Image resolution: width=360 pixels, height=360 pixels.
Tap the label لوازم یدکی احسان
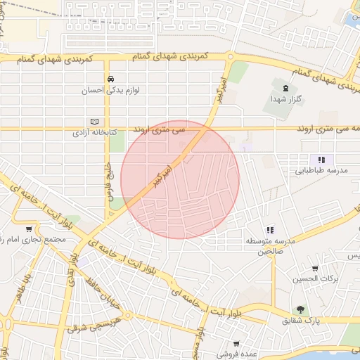click(110, 90)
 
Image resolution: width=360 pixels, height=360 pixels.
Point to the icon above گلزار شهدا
click(285, 89)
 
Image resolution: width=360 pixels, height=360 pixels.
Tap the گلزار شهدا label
click(285, 100)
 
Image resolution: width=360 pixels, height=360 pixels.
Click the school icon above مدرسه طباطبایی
click(321, 160)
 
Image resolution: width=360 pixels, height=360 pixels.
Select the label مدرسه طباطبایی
click(321, 170)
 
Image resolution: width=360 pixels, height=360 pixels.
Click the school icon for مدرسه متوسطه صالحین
click(269, 230)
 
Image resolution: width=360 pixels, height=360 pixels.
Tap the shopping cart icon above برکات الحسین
click(315, 268)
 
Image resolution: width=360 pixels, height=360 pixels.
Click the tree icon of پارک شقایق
click(300, 309)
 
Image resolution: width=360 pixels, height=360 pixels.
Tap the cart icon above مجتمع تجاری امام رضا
click(29, 229)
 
